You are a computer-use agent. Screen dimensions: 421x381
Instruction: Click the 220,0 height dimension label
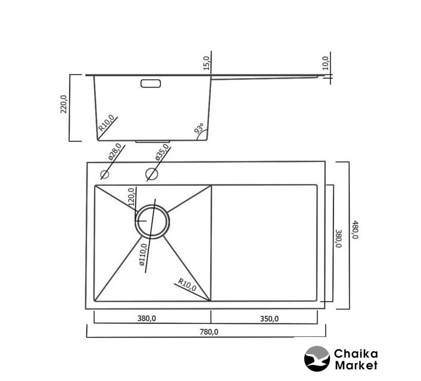click(x=64, y=104)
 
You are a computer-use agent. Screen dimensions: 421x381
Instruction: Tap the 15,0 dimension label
click(x=206, y=63)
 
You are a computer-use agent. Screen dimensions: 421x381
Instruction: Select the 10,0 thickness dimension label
click(x=325, y=63)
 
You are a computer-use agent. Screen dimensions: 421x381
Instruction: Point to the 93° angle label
click(x=199, y=129)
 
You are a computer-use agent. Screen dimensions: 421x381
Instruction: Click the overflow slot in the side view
click(x=151, y=83)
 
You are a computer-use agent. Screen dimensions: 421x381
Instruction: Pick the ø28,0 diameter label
click(x=115, y=152)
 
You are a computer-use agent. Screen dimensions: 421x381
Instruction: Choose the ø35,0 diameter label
click(x=162, y=152)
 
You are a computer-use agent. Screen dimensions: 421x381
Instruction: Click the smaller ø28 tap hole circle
click(x=104, y=174)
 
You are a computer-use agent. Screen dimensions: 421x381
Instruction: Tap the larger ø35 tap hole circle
click(x=152, y=174)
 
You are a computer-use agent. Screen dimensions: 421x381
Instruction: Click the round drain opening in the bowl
click(x=152, y=221)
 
